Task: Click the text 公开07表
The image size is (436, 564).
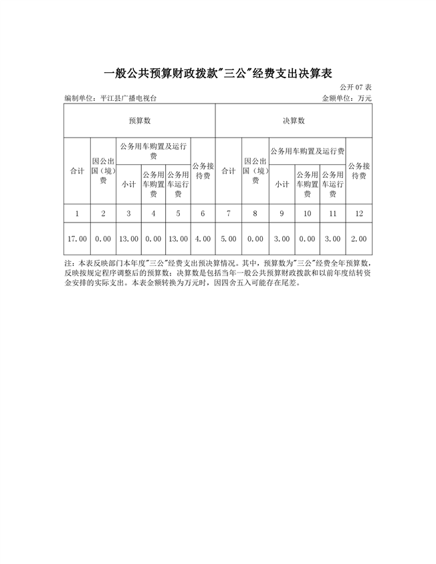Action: click(x=355, y=88)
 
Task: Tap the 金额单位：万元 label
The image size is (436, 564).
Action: click(x=346, y=98)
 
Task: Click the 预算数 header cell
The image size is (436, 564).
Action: click(x=140, y=121)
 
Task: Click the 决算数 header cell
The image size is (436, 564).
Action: click(x=294, y=121)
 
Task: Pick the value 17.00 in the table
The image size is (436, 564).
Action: click(x=77, y=239)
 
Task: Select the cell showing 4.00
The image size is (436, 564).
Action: click(x=203, y=239)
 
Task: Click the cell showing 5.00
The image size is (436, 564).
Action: click(x=229, y=239)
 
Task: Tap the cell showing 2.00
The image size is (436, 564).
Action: click(x=359, y=239)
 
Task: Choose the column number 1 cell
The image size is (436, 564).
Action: click(x=77, y=213)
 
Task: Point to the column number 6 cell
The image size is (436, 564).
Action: click(x=203, y=213)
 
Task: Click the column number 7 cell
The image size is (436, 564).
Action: click(x=229, y=213)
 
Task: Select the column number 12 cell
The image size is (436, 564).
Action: click(x=359, y=213)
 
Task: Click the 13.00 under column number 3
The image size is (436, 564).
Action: click(x=128, y=239)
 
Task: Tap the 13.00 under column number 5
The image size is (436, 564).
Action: click(x=178, y=239)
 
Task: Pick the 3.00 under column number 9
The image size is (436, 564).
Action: click(x=282, y=239)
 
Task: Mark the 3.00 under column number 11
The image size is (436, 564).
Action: click(x=333, y=239)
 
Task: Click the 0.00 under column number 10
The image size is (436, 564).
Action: click(x=308, y=239)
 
